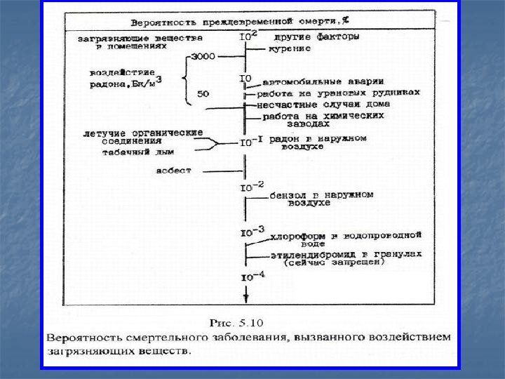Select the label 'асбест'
pyautogui.click(x=175, y=170)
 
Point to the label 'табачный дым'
pyautogui.click(x=166, y=151)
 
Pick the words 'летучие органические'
pyautogui.click(x=142, y=132)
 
